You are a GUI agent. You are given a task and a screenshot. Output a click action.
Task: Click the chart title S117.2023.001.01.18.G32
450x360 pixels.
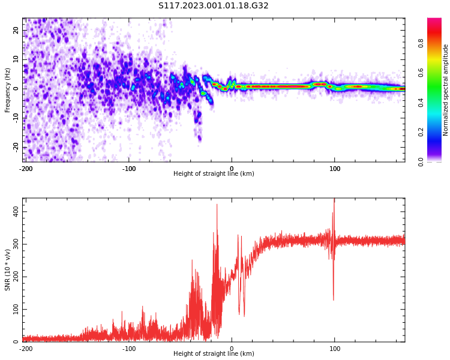(214, 6)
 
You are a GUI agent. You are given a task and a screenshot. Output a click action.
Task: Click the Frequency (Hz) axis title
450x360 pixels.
(8, 90)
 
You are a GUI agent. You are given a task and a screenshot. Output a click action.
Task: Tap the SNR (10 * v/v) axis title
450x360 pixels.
(8, 270)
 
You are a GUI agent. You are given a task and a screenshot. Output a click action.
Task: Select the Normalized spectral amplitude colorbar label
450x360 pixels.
(446, 90)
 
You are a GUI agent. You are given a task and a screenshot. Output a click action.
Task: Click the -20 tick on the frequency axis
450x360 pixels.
(15, 147)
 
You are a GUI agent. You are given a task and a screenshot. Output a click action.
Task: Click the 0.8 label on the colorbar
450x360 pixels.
(421, 43)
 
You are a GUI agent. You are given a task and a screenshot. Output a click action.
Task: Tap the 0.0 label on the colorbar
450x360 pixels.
(421, 161)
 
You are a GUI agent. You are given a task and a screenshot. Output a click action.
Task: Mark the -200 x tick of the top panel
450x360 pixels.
(26, 169)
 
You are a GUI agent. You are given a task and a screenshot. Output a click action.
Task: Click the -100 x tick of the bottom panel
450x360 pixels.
(129, 349)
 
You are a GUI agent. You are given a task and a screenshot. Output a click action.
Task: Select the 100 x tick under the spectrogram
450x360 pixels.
(335, 169)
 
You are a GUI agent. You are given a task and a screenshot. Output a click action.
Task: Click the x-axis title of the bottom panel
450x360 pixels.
(214, 354)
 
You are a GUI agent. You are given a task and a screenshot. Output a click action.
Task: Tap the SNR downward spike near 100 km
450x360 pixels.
(334, 298)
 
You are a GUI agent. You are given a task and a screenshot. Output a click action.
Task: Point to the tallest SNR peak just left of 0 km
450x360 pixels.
(217, 205)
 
